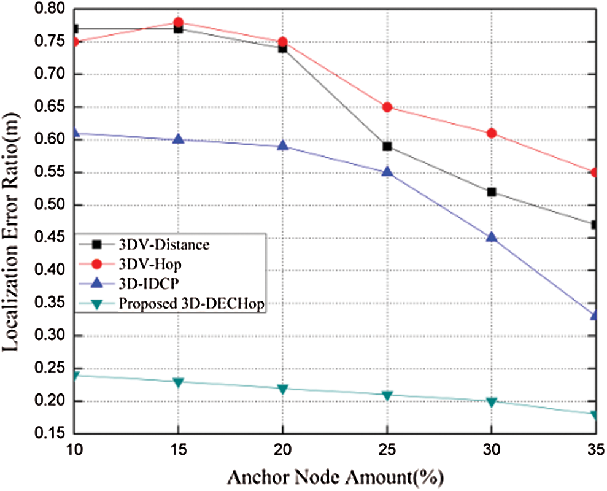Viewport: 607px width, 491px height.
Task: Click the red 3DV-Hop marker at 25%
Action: click(387, 107)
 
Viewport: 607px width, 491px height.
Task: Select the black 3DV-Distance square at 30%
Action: click(492, 192)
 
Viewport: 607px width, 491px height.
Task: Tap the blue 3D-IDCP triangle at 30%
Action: click(492, 237)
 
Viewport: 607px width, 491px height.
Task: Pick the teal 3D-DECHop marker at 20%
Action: click(283, 389)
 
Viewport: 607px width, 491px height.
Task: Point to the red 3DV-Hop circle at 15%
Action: click(179, 23)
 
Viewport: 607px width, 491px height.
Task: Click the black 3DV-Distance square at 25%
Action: click(387, 146)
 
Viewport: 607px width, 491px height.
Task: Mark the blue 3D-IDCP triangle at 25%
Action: click(387, 172)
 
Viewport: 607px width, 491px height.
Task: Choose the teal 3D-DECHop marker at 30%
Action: click(492, 402)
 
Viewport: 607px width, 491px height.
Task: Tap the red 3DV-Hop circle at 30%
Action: click(492, 133)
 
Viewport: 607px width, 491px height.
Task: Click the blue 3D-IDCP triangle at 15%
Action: click(179, 139)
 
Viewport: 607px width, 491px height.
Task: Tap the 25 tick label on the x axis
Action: click(387, 449)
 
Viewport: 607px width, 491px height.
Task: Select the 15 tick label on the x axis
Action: click(179, 449)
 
